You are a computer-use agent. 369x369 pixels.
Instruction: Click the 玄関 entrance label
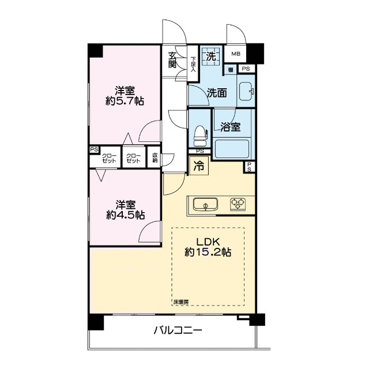[172, 60]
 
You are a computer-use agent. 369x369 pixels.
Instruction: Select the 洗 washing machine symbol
[212, 57]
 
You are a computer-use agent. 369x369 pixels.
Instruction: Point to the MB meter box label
[235, 54]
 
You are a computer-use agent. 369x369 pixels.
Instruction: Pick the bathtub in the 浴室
[231, 148]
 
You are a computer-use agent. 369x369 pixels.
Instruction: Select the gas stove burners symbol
[237, 204]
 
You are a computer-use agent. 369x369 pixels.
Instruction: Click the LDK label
[208, 241]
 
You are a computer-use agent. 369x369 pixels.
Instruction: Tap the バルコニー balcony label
[178, 331]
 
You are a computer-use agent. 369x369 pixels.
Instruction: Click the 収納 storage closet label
[155, 158]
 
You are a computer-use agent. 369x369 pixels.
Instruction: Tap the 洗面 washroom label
[217, 93]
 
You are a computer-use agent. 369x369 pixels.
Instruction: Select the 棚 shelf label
[230, 70]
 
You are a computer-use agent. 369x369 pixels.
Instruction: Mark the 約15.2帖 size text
[208, 253]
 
